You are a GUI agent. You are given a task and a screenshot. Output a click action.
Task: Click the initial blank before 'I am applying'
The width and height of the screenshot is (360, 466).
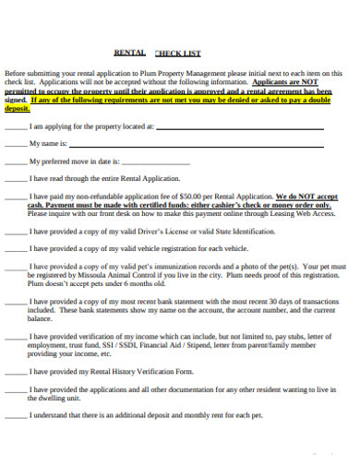coord(16,126)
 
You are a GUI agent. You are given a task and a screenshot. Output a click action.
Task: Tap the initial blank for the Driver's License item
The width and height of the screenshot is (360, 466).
coord(16,233)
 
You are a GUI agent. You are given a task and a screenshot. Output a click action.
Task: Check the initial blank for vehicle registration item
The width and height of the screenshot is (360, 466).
coord(16,249)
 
